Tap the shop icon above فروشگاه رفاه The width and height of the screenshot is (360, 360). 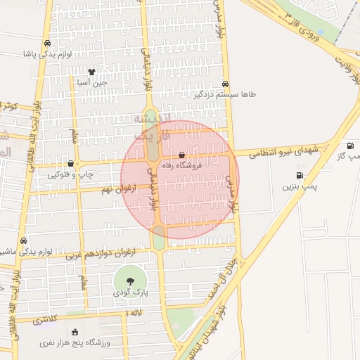(182, 155)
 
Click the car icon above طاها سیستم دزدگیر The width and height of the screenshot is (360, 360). (225, 82)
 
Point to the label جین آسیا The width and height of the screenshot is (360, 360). (91, 82)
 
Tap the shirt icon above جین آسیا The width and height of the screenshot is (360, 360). (91, 71)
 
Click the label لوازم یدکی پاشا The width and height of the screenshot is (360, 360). (47, 53)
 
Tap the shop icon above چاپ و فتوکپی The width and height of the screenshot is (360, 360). (70, 164)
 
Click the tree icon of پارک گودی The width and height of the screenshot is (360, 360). (130, 281)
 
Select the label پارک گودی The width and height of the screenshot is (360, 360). (130, 292)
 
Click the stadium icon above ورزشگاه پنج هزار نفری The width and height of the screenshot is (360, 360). (75, 332)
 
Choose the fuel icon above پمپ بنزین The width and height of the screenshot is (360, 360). (300, 176)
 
